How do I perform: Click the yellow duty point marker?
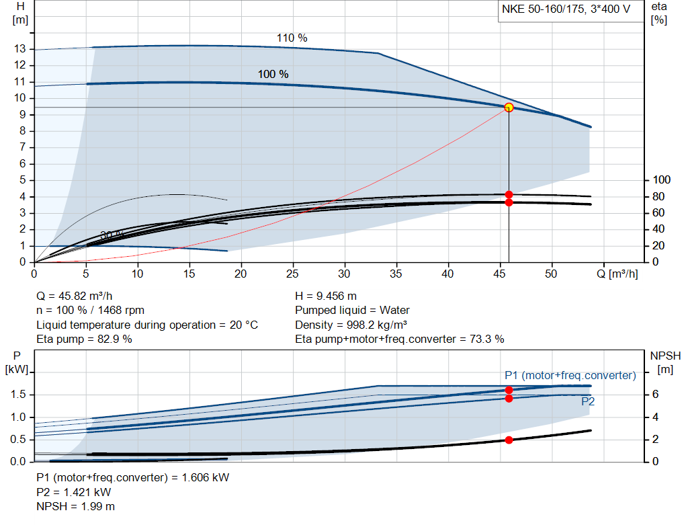coord(509,108)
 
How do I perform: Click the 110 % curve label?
coord(292,38)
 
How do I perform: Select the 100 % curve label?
coord(273,74)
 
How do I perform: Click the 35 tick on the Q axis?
coord(397,274)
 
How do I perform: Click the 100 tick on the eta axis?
coord(662,180)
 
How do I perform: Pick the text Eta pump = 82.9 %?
coord(84,339)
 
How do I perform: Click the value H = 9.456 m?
coord(326,296)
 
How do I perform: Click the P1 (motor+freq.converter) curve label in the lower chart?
coord(570,375)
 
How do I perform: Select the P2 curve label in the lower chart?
coord(587,401)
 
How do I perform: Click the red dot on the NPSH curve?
coord(509,440)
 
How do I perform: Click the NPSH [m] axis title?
coord(661,362)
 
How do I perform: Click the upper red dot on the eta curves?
coord(509,194)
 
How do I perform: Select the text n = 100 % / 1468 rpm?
coord(90,311)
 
